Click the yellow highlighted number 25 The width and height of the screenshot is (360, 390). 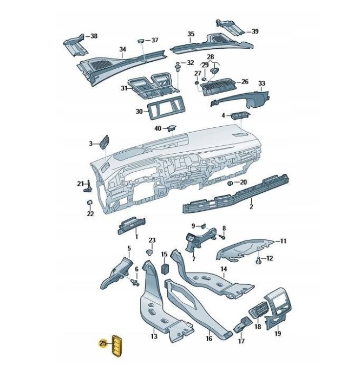[103, 343]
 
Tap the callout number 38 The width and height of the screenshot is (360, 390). [94, 36]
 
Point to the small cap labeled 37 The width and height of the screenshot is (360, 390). [141, 41]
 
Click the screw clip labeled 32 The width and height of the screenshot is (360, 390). [178, 67]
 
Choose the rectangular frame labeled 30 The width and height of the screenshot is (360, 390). [166, 108]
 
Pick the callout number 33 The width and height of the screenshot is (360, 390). [261, 83]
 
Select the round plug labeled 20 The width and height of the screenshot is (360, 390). [230, 183]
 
